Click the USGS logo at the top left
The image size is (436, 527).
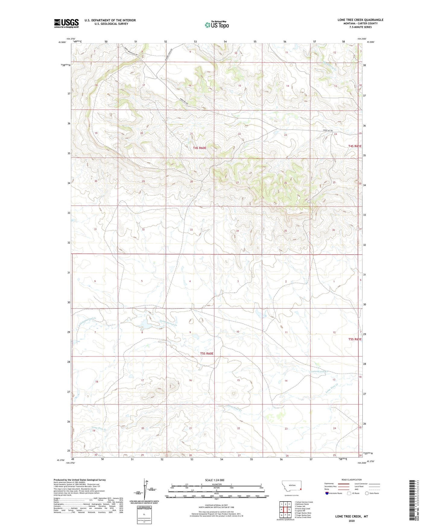66,23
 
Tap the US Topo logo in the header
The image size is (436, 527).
216,25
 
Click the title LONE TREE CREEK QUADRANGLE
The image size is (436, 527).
360,20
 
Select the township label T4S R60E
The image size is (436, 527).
199,148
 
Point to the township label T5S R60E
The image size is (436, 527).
207,353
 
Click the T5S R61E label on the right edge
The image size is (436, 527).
355,339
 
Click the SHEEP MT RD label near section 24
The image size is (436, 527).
328,130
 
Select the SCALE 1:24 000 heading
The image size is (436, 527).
215,480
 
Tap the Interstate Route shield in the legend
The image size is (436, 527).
327,493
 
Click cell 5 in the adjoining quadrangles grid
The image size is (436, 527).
289,509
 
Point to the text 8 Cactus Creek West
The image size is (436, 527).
303,517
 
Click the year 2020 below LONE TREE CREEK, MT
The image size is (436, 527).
352,521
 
